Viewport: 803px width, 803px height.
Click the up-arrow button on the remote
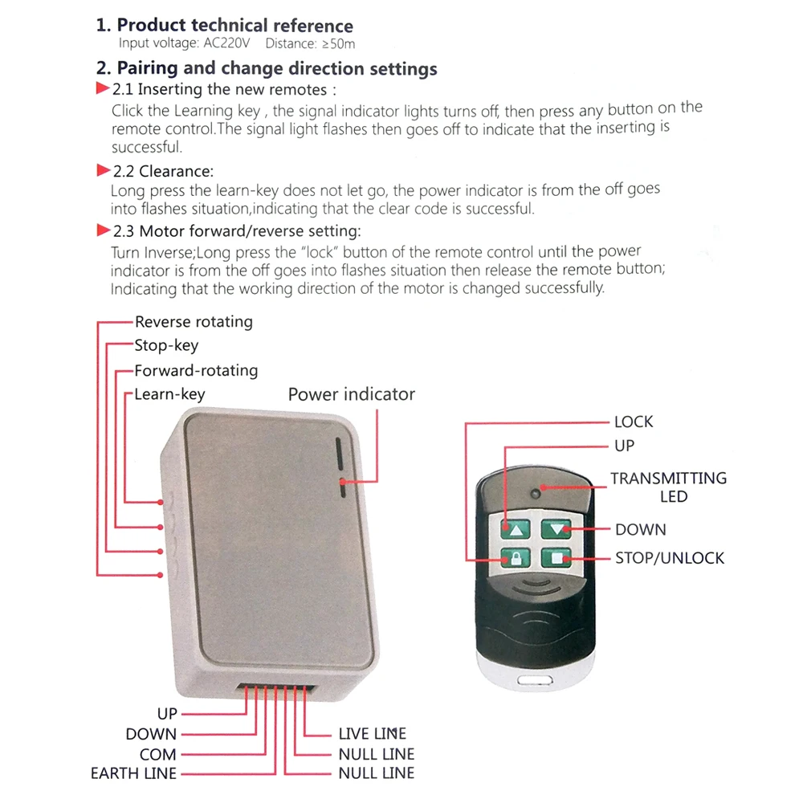coord(516,529)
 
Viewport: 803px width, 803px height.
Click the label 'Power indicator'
coord(351,394)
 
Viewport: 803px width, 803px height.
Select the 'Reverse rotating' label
coord(194,322)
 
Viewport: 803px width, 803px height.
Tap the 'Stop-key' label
coord(166,346)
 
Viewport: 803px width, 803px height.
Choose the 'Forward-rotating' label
coord(196,370)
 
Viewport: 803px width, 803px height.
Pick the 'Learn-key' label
coord(169,394)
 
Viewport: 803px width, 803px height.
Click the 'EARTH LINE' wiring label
coord(133,774)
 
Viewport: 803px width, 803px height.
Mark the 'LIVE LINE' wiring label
coord(372,733)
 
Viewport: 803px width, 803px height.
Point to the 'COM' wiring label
coord(157,754)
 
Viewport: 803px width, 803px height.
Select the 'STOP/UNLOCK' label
coord(670,557)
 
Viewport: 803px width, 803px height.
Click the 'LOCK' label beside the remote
coord(634,422)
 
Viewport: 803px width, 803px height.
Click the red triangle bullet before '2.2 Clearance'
coord(103,170)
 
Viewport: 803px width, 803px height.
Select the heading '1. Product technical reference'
coord(225,26)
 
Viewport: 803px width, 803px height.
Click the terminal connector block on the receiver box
coord(273,691)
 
